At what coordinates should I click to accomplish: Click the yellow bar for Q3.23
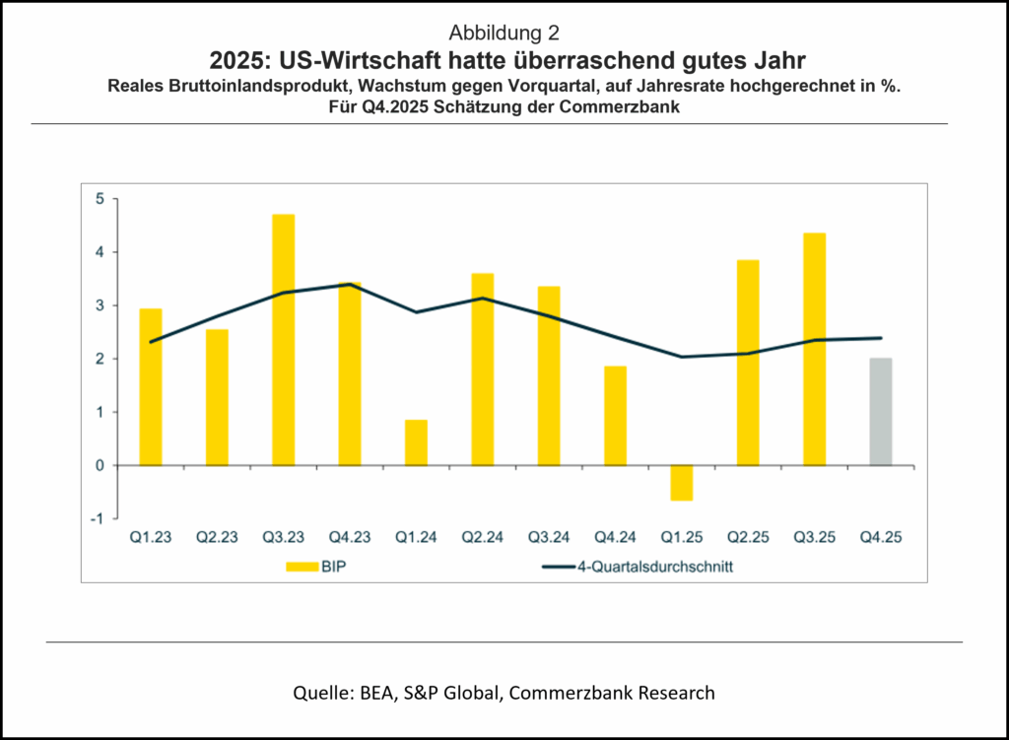click(x=283, y=339)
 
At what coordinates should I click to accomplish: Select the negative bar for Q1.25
click(x=681, y=483)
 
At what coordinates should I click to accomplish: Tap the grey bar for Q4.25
click(x=880, y=411)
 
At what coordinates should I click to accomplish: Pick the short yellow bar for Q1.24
click(x=416, y=442)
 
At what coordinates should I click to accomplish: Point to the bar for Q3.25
click(x=814, y=349)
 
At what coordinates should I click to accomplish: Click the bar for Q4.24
click(x=615, y=415)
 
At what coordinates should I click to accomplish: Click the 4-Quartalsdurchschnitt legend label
click(x=641, y=567)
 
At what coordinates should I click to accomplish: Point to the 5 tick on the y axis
click(x=99, y=199)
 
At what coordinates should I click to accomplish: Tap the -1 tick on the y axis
click(x=97, y=518)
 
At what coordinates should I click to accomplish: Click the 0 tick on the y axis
click(x=99, y=465)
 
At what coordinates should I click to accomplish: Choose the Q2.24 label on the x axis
click(x=483, y=538)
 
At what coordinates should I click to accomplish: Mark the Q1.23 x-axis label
click(x=151, y=538)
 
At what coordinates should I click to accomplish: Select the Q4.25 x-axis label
click(x=881, y=538)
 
